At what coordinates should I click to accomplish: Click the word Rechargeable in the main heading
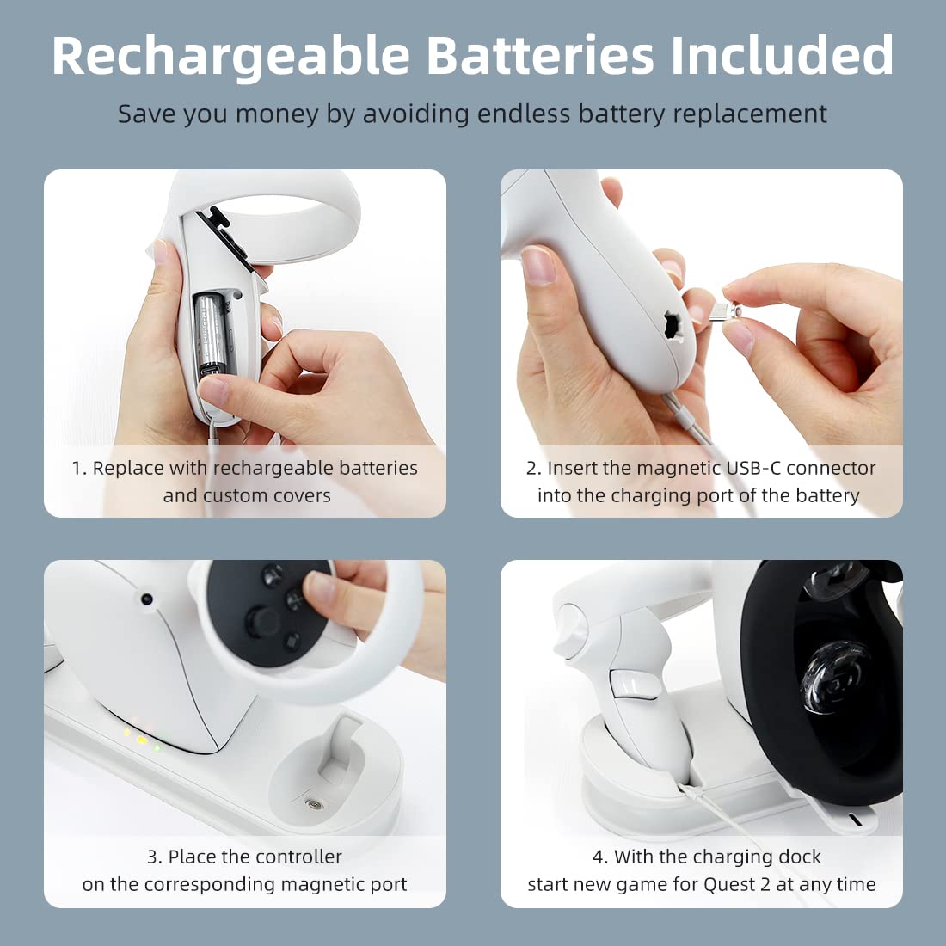[x=231, y=57]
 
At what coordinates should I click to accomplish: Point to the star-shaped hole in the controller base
[x=673, y=327]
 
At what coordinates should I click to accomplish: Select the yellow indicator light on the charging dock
[x=142, y=740]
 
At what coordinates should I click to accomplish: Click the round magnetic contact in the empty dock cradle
[x=313, y=804]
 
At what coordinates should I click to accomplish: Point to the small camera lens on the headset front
[x=146, y=599]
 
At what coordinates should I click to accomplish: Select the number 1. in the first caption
[x=80, y=468]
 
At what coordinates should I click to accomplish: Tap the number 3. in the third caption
[x=155, y=857]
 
